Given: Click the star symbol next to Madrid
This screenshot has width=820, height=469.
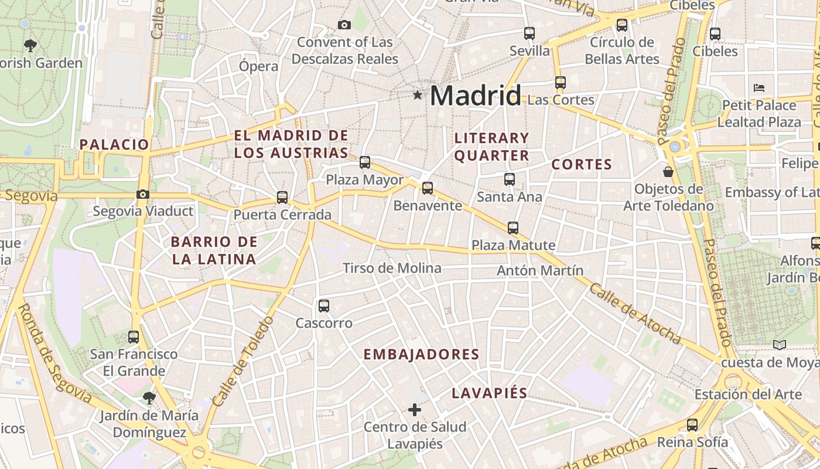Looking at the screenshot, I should pos(418,94).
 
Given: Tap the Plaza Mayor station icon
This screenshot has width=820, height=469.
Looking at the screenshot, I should pos(365,162).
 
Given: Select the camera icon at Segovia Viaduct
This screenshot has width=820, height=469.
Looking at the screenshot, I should pos(142,194).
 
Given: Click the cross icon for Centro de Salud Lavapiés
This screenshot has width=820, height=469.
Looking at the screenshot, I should pos(415,409).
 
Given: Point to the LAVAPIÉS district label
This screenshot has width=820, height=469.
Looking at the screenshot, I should pos(490,393).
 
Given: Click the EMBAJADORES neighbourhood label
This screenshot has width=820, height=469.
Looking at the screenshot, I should pos(421,354).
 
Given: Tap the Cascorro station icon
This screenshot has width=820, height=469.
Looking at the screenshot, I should pos(324,306).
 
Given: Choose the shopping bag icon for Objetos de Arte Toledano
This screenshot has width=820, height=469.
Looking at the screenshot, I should pos(668,172).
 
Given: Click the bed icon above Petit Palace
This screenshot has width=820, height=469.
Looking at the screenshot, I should pos(759,89).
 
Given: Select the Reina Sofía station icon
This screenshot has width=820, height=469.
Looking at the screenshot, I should pos(692,425).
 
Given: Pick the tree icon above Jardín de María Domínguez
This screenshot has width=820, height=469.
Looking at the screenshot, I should pos(149,398).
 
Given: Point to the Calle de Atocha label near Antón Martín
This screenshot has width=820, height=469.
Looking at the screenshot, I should pos(635,314).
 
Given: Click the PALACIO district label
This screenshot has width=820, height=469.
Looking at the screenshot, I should pos(114,144).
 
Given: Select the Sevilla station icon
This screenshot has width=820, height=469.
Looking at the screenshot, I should pos(529,33).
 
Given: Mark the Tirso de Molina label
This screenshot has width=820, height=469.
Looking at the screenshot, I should pos(392,268).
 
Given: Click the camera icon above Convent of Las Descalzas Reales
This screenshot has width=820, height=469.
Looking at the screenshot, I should pos(344,25).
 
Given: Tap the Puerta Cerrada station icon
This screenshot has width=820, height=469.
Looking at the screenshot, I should pos(282,198).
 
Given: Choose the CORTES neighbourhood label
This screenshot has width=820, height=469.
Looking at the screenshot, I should pos(582,164).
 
